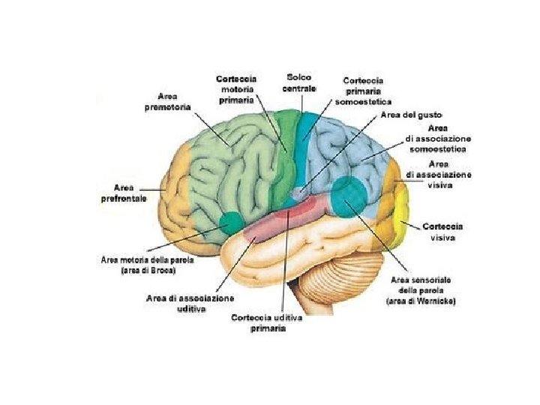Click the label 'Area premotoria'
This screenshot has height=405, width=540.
coord(167,102)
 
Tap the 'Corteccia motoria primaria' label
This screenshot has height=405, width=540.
coord(236,88)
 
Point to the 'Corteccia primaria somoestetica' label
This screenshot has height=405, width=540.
coord(363,91)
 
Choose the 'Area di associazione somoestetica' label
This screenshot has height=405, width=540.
coord(438,139)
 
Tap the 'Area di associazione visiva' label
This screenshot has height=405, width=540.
coord(439,174)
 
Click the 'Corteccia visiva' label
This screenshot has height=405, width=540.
coord(442,231)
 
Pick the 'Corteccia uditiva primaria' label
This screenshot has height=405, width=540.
coord(267,323)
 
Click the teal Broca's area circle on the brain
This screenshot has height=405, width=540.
coord(230,222)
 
